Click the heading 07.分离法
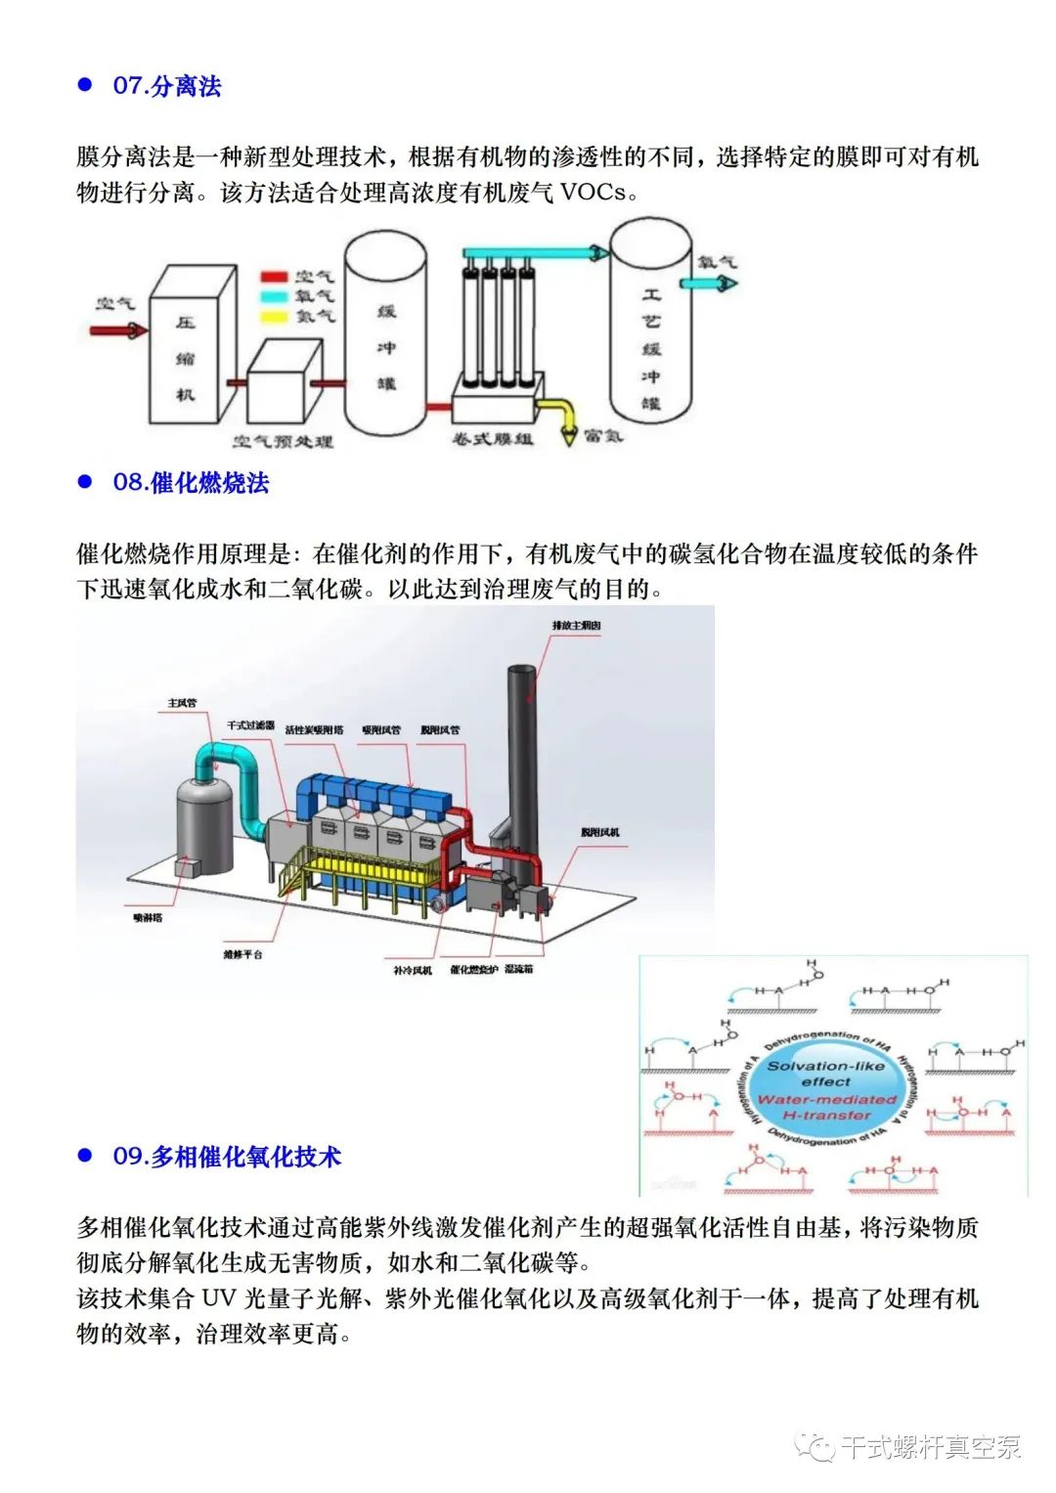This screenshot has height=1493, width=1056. tap(166, 86)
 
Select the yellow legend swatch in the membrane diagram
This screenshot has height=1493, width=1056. tap(275, 316)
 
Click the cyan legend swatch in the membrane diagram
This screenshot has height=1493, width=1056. tap(275, 296)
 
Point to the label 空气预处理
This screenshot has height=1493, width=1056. tap(283, 442)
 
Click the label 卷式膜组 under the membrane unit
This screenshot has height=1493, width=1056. tap(493, 439)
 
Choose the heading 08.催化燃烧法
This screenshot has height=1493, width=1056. tap(191, 482)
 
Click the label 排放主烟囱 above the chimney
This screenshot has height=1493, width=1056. tap(576, 625)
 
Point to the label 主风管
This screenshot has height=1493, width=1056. tap(182, 703)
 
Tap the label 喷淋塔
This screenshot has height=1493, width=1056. tap(148, 918)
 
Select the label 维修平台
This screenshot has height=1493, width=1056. tap(242, 953)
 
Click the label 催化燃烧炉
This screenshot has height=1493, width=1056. tap(474, 970)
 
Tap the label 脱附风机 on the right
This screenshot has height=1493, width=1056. tap(599, 832)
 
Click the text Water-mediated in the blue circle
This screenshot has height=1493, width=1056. tap(826, 1099)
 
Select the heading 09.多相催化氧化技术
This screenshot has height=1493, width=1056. tap(227, 1157)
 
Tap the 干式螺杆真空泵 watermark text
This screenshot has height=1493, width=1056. tap(930, 1446)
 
